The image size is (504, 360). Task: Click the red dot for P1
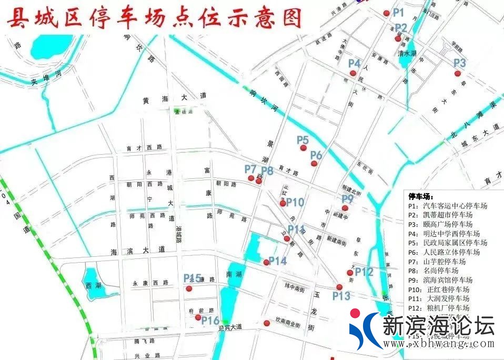387,13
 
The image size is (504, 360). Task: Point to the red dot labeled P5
303,148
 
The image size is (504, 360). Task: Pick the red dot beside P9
345,208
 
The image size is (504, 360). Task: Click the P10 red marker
283,203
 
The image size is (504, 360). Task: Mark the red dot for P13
339,287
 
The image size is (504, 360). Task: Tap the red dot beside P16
198,317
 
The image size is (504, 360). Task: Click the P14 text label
277,261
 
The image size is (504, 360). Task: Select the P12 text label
364,272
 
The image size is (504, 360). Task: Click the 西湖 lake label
91,285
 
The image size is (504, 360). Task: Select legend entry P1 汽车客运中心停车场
448,206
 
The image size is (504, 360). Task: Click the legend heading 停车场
422,196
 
